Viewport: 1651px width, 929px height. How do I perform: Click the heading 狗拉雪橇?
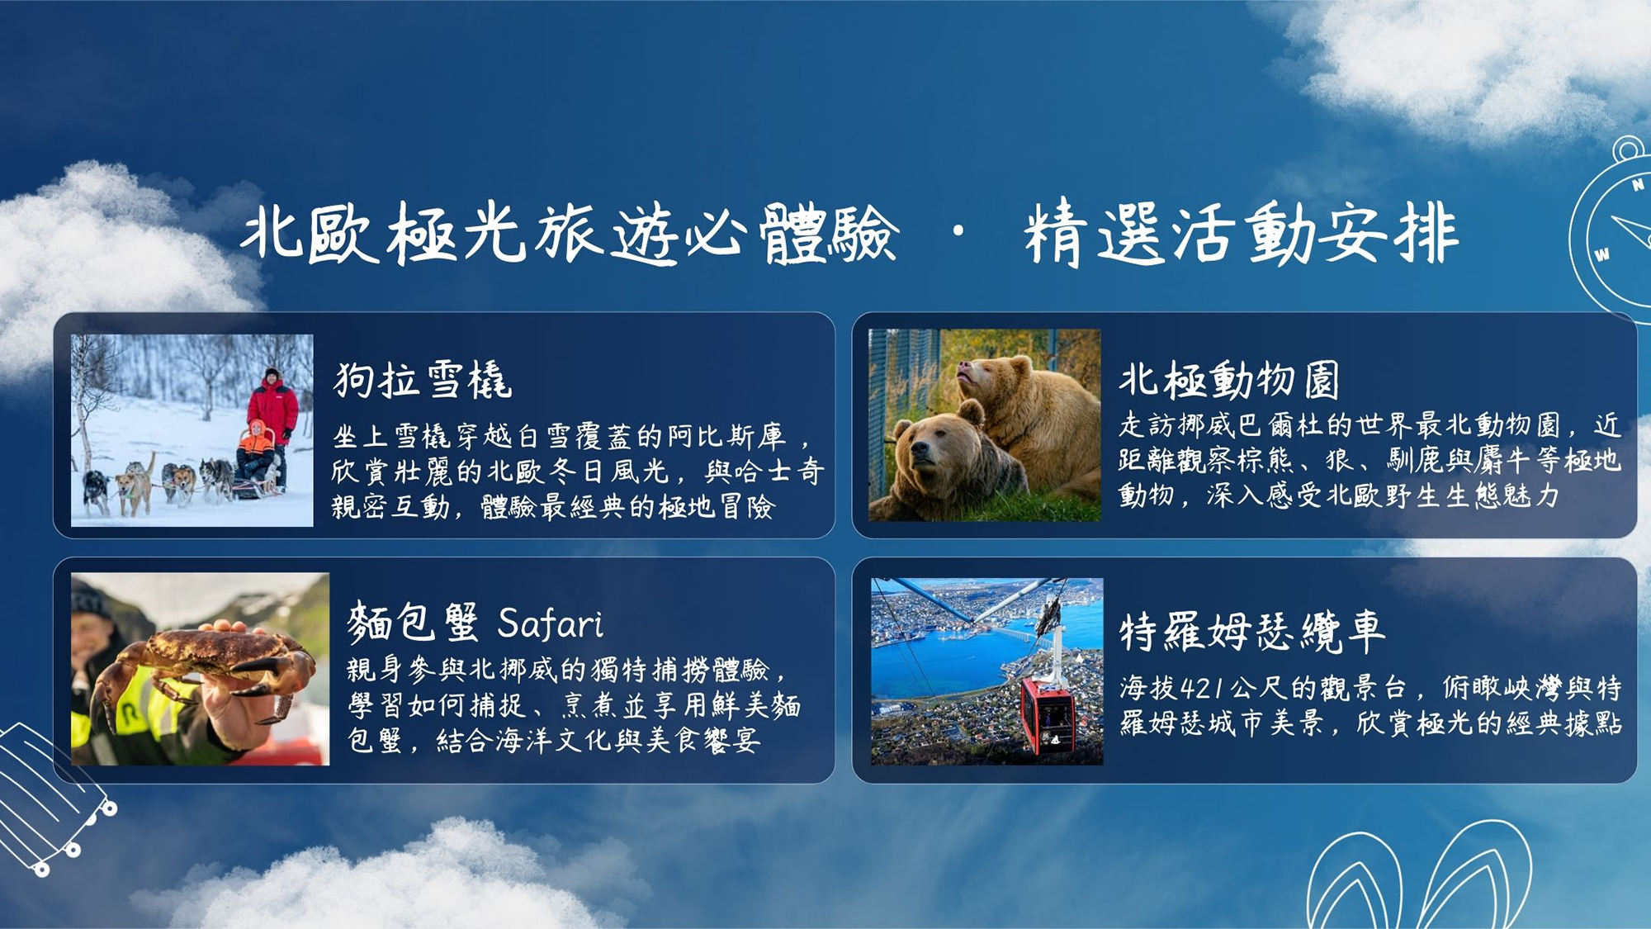(x=423, y=381)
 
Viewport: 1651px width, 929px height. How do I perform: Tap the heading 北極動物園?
(x=1229, y=381)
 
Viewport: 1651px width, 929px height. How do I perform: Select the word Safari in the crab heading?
(x=551, y=623)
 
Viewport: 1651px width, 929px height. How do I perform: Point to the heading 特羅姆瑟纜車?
(x=1251, y=633)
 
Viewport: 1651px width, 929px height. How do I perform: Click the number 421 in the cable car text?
(x=1204, y=688)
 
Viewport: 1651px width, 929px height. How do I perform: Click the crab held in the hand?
(x=202, y=669)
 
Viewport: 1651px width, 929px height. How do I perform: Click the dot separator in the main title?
(x=958, y=232)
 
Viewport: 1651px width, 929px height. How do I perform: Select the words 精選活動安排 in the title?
(x=1241, y=234)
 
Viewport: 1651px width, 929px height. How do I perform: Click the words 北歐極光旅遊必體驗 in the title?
(x=570, y=234)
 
